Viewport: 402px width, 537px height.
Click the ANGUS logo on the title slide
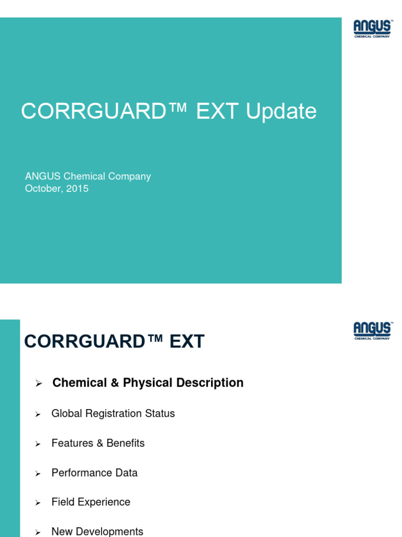click(x=372, y=29)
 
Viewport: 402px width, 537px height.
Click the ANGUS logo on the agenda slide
click(x=372, y=331)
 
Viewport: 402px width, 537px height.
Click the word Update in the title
click(x=281, y=112)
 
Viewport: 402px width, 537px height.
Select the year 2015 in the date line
click(x=77, y=189)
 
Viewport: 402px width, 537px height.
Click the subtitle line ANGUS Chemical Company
click(x=88, y=176)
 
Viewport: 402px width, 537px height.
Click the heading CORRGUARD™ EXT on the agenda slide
click(x=114, y=342)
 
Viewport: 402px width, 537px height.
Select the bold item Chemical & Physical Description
click(x=148, y=383)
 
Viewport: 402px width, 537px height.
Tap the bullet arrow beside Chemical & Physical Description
click(x=38, y=384)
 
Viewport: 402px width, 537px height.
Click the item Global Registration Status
click(x=113, y=414)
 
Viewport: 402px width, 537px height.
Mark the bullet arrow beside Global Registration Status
click(x=38, y=415)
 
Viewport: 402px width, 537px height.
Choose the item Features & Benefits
click(x=98, y=443)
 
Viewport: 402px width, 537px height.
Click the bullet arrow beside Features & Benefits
click(x=38, y=444)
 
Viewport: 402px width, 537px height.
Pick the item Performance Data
click(x=94, y=473)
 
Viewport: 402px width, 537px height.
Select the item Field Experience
click(x=91, y=502)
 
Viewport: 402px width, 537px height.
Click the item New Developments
click(x=97, y=531)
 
